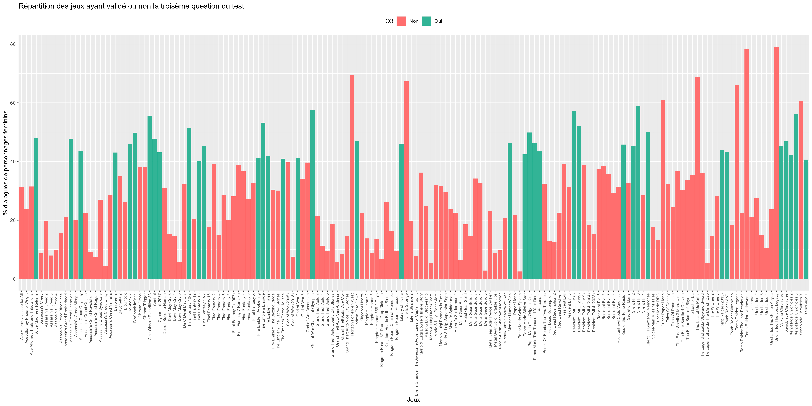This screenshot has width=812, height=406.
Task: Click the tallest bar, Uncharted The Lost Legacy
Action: pos(776,163)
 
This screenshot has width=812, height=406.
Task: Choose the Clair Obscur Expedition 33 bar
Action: pos(150,197)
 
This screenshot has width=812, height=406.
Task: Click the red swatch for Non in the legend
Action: pos(401,21)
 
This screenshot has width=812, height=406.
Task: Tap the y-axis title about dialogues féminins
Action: pos(5,163)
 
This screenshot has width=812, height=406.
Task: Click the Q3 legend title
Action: pos(389,21)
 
